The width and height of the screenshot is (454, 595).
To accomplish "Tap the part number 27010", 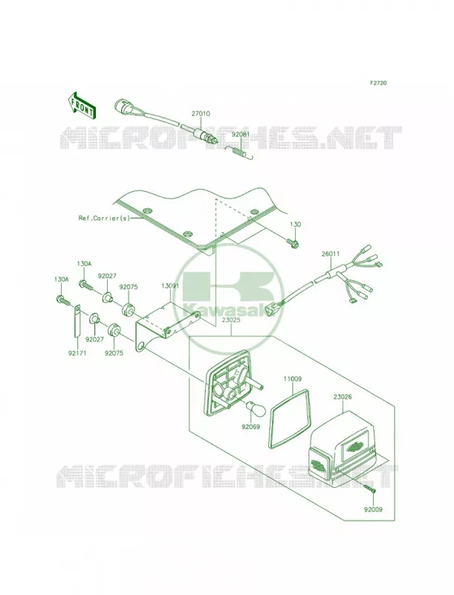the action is [x=201, y=114].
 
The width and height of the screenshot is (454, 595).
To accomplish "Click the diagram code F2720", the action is [x=379, y=83].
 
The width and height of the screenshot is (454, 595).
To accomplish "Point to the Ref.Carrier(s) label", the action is [x=104, y=218].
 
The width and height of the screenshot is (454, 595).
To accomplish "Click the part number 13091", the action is [x=169, y=286].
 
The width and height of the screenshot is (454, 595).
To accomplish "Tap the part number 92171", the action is [x=77, y=353].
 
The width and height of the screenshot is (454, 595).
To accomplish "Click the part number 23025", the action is [x=232, y=320].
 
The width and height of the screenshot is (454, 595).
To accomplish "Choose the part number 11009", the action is [x=292, y=379].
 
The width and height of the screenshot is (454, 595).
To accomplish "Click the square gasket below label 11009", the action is [x=291, y=416].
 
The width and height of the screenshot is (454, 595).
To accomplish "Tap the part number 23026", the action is [x=343, y=397].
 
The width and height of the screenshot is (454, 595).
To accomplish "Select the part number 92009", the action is [x=373, y=509].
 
